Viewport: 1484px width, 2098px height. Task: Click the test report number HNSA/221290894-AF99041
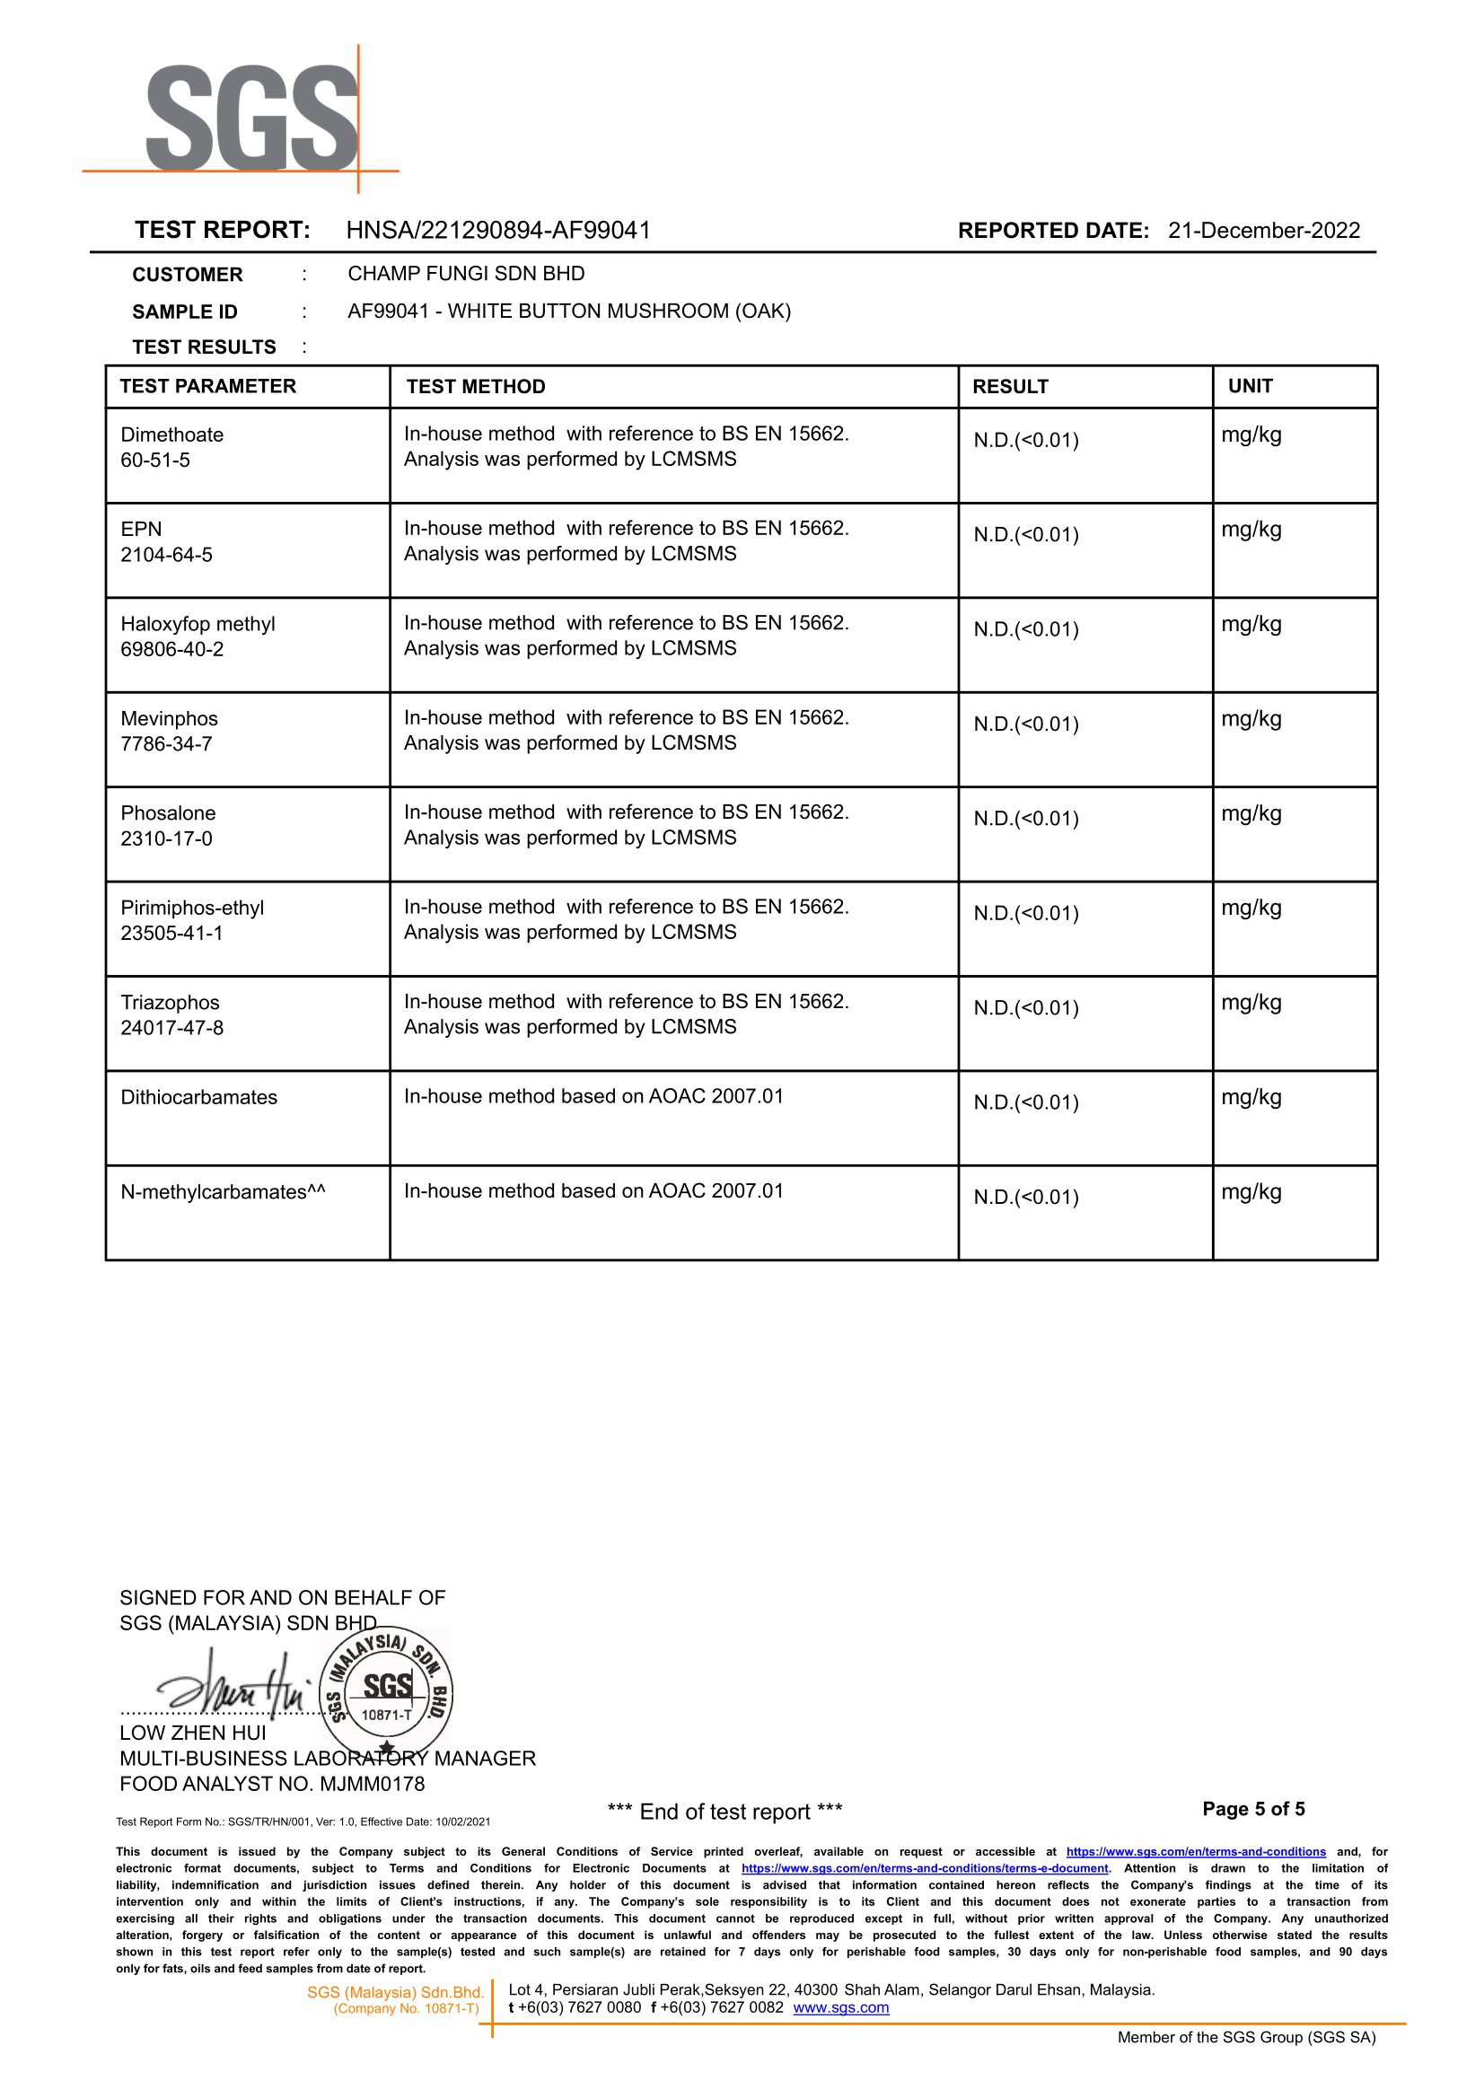(498, 230)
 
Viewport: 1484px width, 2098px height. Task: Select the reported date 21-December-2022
(1263, 230)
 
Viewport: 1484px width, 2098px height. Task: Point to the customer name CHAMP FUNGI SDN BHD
(466, 274)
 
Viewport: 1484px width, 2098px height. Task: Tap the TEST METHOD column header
(475, 387)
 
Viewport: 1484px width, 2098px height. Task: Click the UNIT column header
(1250, 387)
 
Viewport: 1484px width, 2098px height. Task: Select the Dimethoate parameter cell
(171, 435)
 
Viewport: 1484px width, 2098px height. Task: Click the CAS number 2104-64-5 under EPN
(166, 555)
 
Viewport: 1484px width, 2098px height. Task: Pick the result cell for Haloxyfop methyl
(1026, 629)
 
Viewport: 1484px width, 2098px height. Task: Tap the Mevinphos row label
(169, 719)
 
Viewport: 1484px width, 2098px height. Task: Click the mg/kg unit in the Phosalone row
(1251, 814)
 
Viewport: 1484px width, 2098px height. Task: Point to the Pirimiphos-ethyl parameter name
(192, 909)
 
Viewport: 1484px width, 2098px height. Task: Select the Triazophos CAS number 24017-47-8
(171, 1028)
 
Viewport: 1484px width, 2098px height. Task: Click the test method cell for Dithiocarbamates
(594, 1096)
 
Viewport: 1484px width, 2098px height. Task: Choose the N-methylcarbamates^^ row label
(222, 1192)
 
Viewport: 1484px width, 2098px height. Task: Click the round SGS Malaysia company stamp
(388, 1690)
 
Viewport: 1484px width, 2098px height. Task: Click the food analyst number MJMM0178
(372, 1784)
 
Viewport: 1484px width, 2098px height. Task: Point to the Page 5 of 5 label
(1252, 1809)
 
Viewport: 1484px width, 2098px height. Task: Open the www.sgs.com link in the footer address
(840, 2007)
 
